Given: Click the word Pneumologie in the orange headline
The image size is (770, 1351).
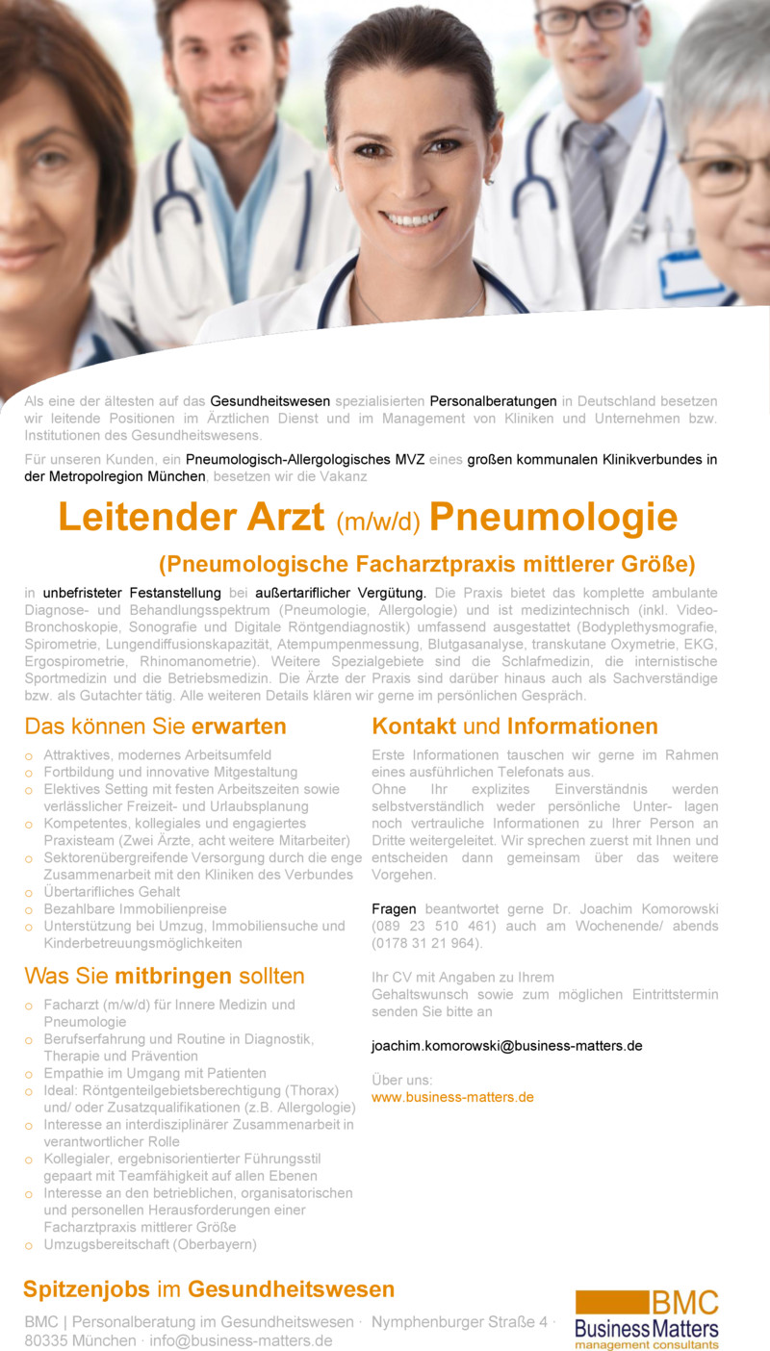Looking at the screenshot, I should point(553,518).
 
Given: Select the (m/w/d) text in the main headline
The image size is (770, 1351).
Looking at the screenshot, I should point(378,522).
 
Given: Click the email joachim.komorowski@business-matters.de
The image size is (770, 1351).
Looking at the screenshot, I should point(506,1045).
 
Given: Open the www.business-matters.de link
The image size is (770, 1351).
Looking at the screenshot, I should point(452,1097).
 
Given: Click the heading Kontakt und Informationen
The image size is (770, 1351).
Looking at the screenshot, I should point(515,726).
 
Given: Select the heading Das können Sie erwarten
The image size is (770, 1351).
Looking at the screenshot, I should point(155,726).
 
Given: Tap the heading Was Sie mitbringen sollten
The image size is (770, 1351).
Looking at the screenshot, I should point(164,977).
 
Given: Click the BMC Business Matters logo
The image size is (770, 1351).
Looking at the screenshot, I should point(646,1319).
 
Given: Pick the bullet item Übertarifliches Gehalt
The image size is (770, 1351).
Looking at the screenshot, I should point(111,892).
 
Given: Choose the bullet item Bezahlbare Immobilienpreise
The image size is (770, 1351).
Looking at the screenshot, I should point(135,909).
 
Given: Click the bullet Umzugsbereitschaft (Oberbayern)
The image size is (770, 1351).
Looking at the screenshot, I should point(149,1244).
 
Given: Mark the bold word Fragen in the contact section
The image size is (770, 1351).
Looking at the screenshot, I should point(395,908).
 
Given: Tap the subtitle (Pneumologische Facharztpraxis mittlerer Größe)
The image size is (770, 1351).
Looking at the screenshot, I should point(426,563).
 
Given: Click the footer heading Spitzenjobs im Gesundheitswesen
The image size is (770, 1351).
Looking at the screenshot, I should point(209,1289).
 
